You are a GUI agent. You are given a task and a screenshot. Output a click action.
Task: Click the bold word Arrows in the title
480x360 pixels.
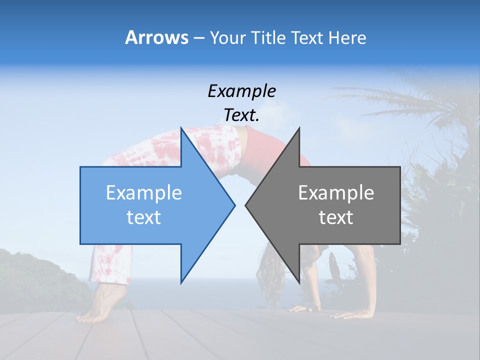click(x=156, y=37)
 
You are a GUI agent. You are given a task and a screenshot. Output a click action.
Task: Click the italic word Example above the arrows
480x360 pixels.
click(x=241, y=91)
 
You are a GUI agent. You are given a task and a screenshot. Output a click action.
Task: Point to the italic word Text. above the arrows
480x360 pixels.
click(x=241, y=115)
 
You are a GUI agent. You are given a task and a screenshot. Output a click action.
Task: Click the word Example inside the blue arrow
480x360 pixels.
click(x=144, y=192)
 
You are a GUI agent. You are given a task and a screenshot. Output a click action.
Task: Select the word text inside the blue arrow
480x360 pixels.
click(x=144, y=217)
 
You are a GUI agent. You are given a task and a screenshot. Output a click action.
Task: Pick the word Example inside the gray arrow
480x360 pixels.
click(x=336, y=192)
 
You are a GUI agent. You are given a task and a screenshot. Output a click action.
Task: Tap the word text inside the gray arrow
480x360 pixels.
click(x=336, y=217)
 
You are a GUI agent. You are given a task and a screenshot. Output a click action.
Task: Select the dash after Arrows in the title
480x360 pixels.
click(x=198, y=38)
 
